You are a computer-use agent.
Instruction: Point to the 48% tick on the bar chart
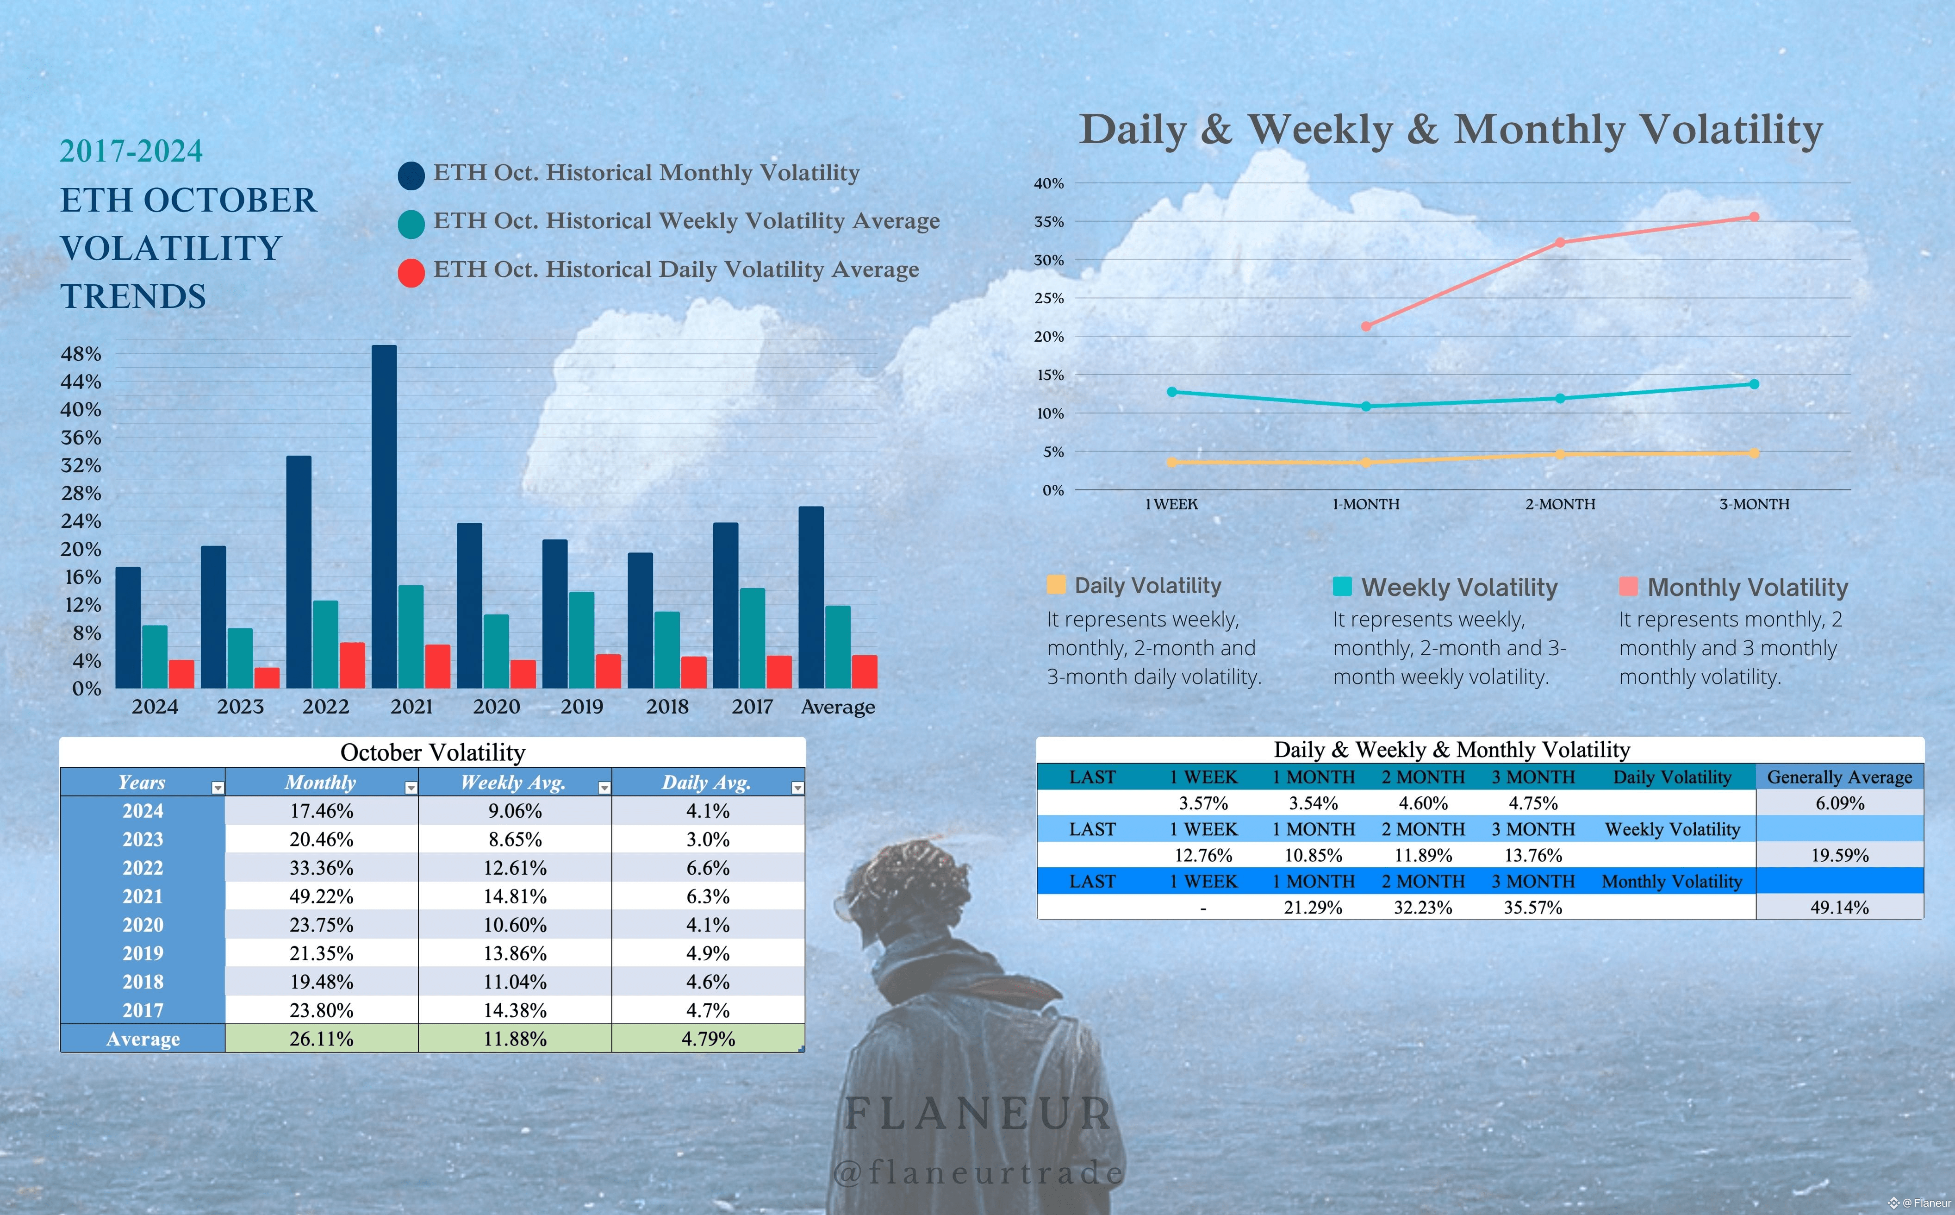coord(81,354)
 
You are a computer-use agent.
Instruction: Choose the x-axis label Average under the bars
coord(838,707)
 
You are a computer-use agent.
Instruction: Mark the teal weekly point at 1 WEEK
coord(1172,392)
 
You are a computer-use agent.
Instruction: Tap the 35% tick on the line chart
coord(1048,222)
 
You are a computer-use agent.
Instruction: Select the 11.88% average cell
coord(515,1039)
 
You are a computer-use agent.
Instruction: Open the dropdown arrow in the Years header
coord(218,788)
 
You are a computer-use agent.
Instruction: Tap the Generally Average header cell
coord(1839,777)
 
